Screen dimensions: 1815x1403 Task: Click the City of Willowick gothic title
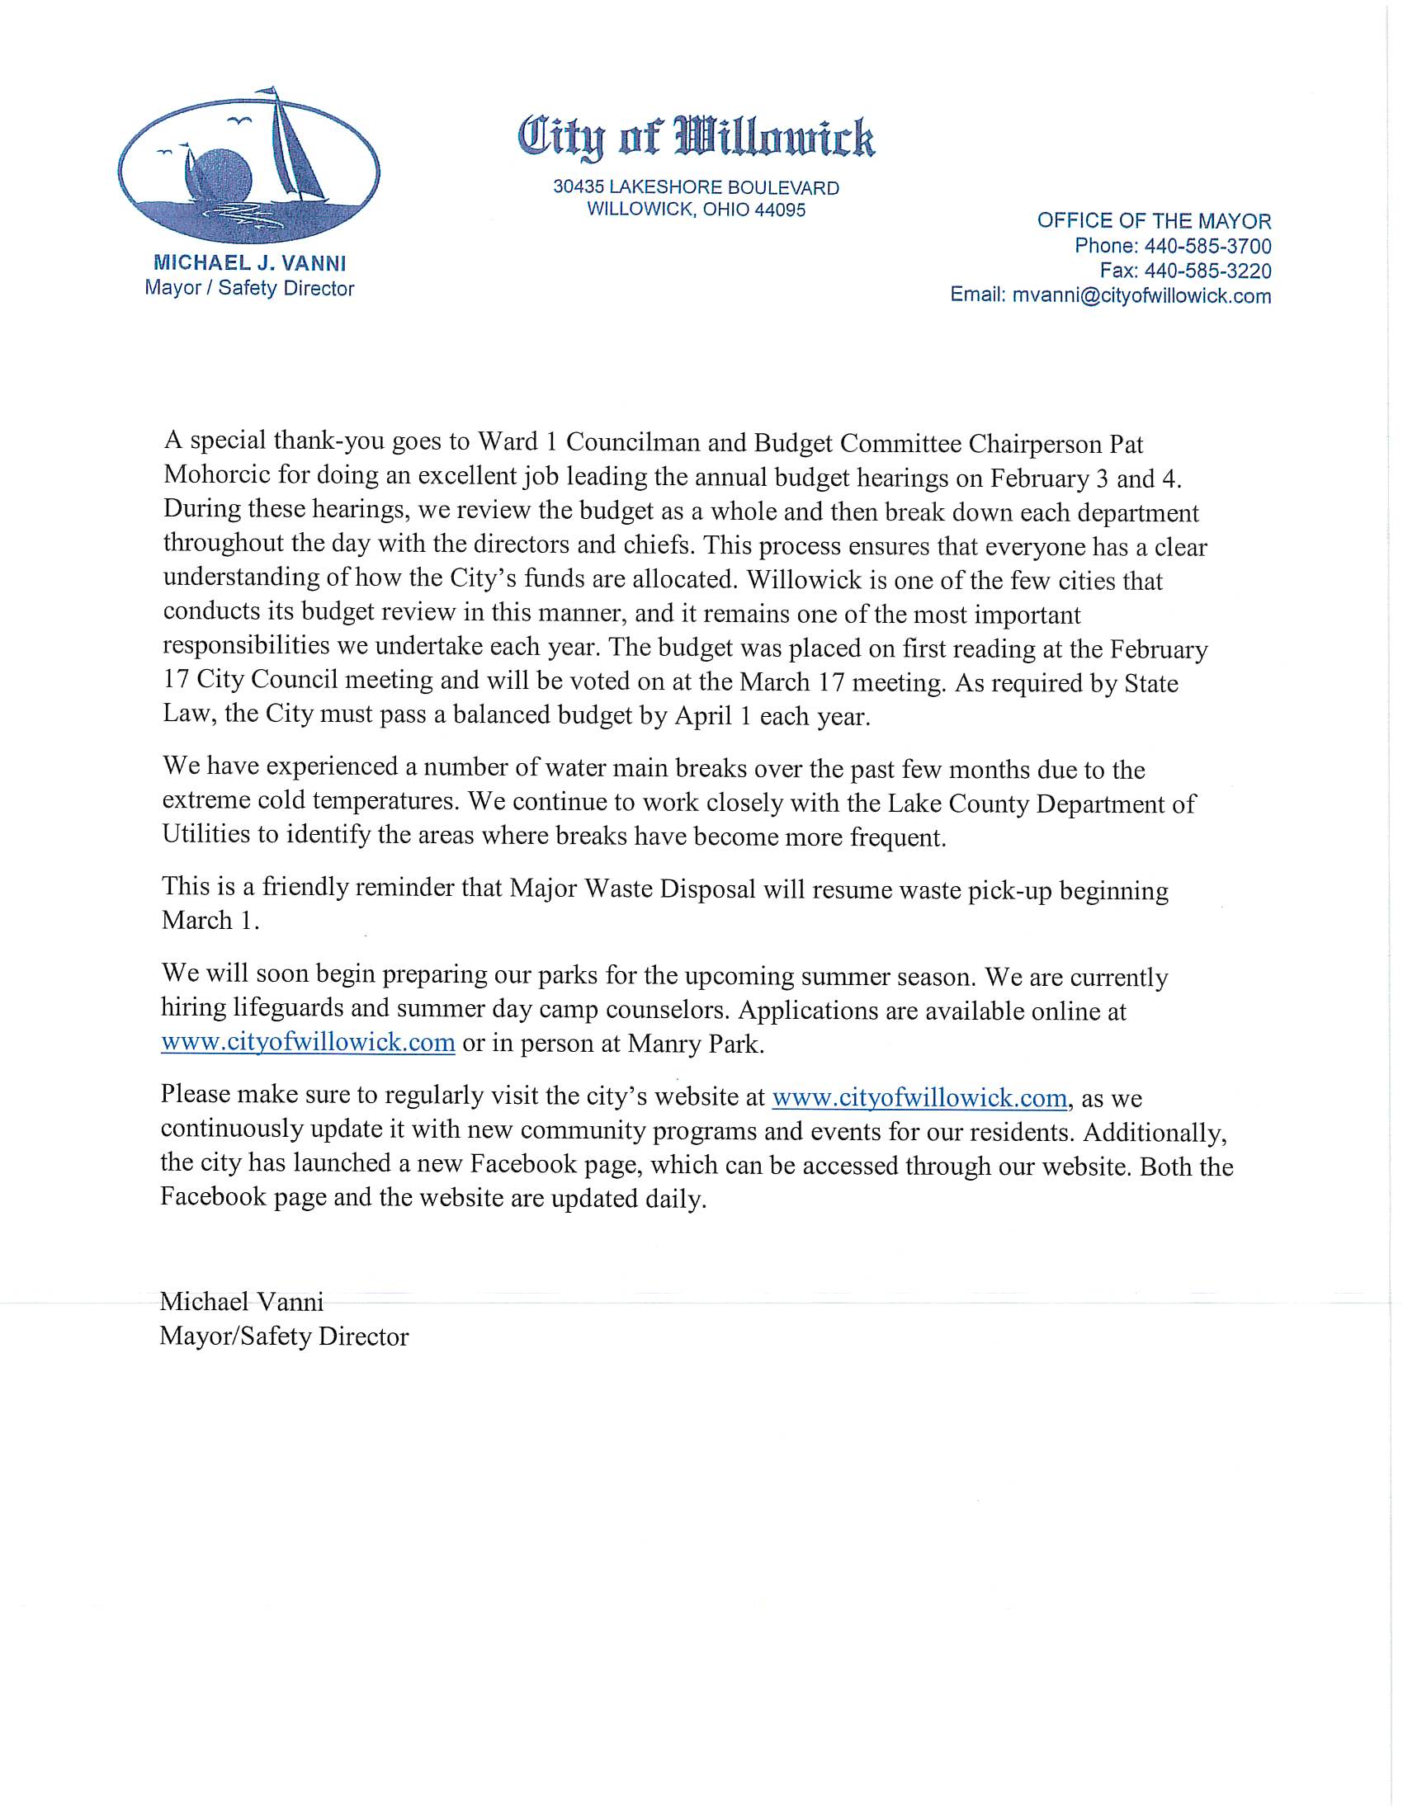[697, 138]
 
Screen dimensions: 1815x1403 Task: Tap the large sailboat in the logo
[293, 149]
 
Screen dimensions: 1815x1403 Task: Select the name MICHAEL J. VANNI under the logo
[250, 263]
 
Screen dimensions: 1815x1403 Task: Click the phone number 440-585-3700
[1207, 246]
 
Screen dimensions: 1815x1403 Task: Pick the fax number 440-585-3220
[1207, 271]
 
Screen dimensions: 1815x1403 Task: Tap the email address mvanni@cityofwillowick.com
[1141, 296]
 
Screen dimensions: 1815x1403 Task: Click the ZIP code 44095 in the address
[780, 210]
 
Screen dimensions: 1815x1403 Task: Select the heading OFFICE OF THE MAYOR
[1154, 221]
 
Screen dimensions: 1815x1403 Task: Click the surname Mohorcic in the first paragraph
[217, 474]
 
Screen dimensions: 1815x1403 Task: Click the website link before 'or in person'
[308, 1042]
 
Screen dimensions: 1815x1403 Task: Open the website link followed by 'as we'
[919, 1098]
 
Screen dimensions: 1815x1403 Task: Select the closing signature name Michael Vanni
[241, 1301]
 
